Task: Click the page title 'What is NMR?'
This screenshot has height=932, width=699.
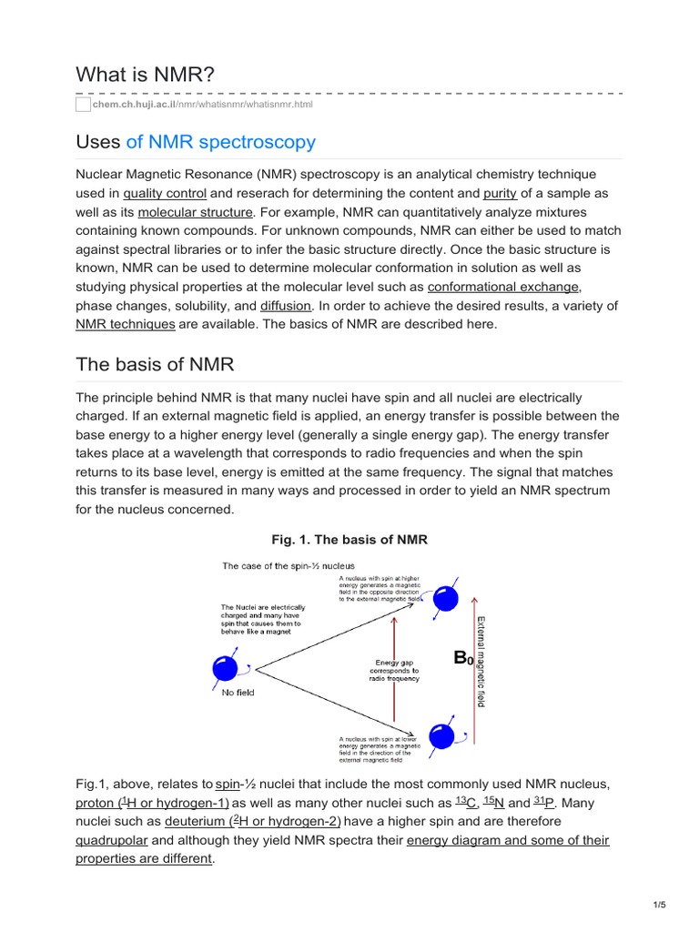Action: coord(145,74)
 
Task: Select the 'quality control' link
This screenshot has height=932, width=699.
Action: coord(165,193)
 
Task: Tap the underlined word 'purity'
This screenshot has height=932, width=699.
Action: coord(500,193)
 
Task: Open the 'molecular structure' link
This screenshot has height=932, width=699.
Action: coord(195,211)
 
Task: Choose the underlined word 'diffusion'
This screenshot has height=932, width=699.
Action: coord(286,306)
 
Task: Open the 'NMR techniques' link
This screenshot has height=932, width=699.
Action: coord(125,324)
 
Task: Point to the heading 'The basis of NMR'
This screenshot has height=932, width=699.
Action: coord(155,365)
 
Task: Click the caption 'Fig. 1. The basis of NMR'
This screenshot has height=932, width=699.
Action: coord(349,540)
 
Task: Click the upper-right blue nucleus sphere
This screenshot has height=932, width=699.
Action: coord(444,598)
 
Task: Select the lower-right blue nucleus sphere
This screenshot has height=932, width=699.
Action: coord(441,737)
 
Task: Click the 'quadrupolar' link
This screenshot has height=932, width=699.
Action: coord(111,840)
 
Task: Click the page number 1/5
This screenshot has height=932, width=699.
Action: coord(660,905)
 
